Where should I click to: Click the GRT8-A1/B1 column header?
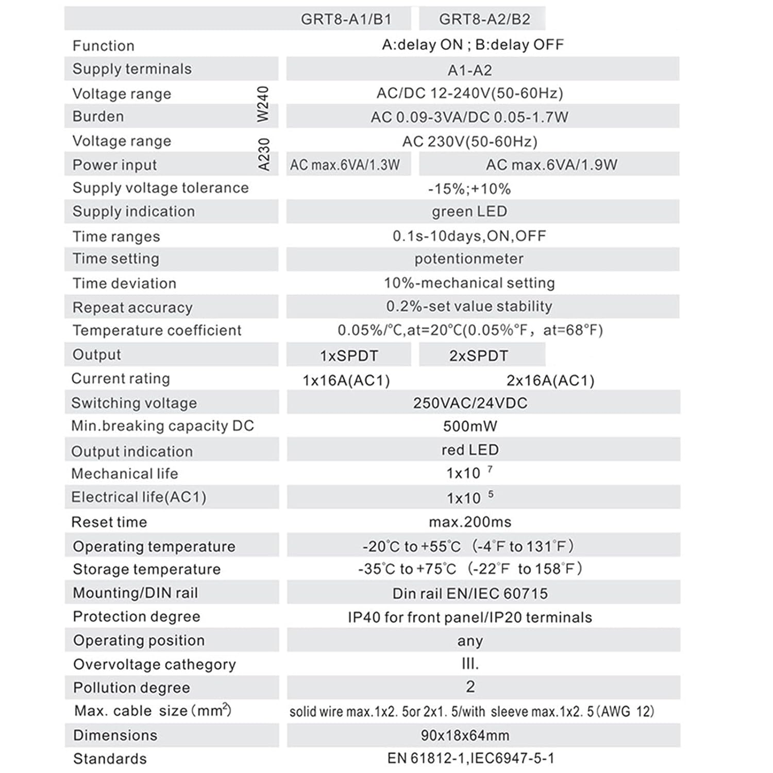coord(346,20)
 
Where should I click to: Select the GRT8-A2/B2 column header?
coord(484,20)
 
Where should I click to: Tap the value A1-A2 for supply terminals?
coord(469,70)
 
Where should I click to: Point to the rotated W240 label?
coord(263,104)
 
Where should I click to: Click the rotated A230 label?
coord(263,154)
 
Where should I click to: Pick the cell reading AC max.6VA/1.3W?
coord(345,165)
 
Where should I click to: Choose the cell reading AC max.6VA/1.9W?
coord(551,165)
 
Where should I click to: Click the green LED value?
coord(469,212)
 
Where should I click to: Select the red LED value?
coord(470,450)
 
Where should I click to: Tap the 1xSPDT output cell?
coord(349,356)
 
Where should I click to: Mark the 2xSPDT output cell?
coord(479,356)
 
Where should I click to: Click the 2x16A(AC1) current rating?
coord(550,380)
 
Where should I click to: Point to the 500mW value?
coord(470,426)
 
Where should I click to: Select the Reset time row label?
coord(109,522)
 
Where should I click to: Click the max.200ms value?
coord(470,522)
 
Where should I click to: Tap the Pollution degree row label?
coord(131,688)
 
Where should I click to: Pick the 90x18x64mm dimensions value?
coord(465,735)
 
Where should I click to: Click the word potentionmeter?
coord(469,259)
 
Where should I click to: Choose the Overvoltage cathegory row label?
coord(155,664)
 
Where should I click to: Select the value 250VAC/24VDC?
coord(470,403)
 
